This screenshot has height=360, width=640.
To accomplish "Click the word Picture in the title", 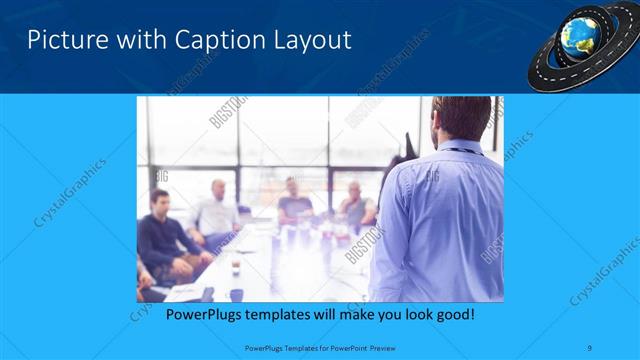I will [61, 41].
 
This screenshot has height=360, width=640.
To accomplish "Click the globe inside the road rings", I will [579, 35].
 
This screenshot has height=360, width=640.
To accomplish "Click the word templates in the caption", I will [287, 315].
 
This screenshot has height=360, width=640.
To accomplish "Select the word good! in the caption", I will [453, 315].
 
